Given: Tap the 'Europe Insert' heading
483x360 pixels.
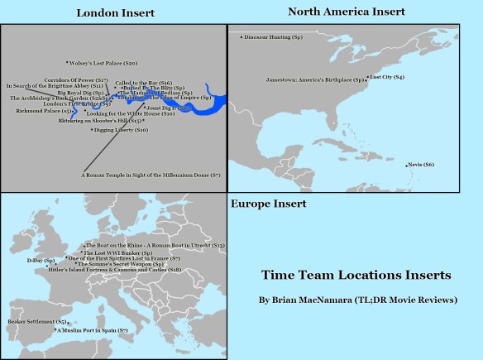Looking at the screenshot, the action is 268,204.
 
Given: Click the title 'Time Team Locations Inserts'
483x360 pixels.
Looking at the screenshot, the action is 356,275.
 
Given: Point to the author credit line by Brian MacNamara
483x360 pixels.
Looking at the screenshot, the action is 358,300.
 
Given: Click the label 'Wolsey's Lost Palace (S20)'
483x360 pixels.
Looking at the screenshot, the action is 103,63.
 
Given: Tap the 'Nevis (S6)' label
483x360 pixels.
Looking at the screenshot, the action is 422,165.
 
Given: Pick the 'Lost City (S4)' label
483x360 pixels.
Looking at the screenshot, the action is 388,77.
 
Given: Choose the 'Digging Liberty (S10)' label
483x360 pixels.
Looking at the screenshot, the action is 121,130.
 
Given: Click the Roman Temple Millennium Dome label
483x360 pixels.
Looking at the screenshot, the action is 151,175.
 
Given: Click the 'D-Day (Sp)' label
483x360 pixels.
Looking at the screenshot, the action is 41,260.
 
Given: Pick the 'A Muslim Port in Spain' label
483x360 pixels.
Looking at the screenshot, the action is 93,330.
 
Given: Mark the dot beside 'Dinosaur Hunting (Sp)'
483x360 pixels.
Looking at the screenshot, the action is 241,37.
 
